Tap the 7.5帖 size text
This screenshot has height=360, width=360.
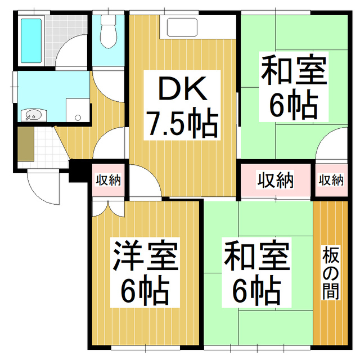[182, 124]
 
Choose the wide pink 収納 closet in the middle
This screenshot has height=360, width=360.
[276, 181]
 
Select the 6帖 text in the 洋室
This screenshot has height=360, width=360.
[145, 290]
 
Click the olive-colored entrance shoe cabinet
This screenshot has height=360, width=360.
[25, 145]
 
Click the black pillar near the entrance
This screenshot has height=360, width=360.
[76, 170]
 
